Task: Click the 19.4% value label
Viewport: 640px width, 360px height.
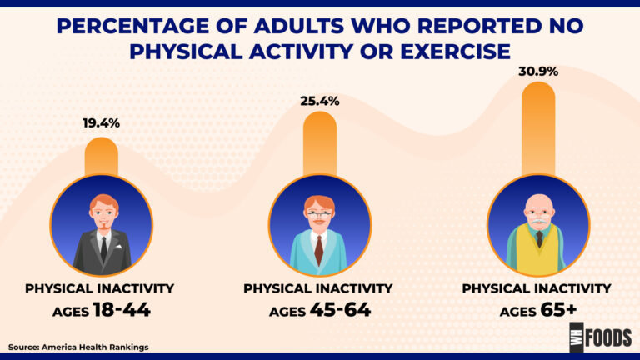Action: [x=101, y=122]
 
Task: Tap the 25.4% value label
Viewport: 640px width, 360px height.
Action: [x=319, y=101]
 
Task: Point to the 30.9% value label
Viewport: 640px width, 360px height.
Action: [x=537, y=72]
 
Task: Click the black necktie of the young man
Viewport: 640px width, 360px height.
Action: [x=102, y=247]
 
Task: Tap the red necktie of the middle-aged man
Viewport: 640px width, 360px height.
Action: [x=319, y=250]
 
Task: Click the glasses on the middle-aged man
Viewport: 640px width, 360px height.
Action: [x=319, y=215]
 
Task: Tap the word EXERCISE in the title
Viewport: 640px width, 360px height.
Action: [x=451, y=51]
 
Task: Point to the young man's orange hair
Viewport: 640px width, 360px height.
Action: [x=102, y=200]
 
